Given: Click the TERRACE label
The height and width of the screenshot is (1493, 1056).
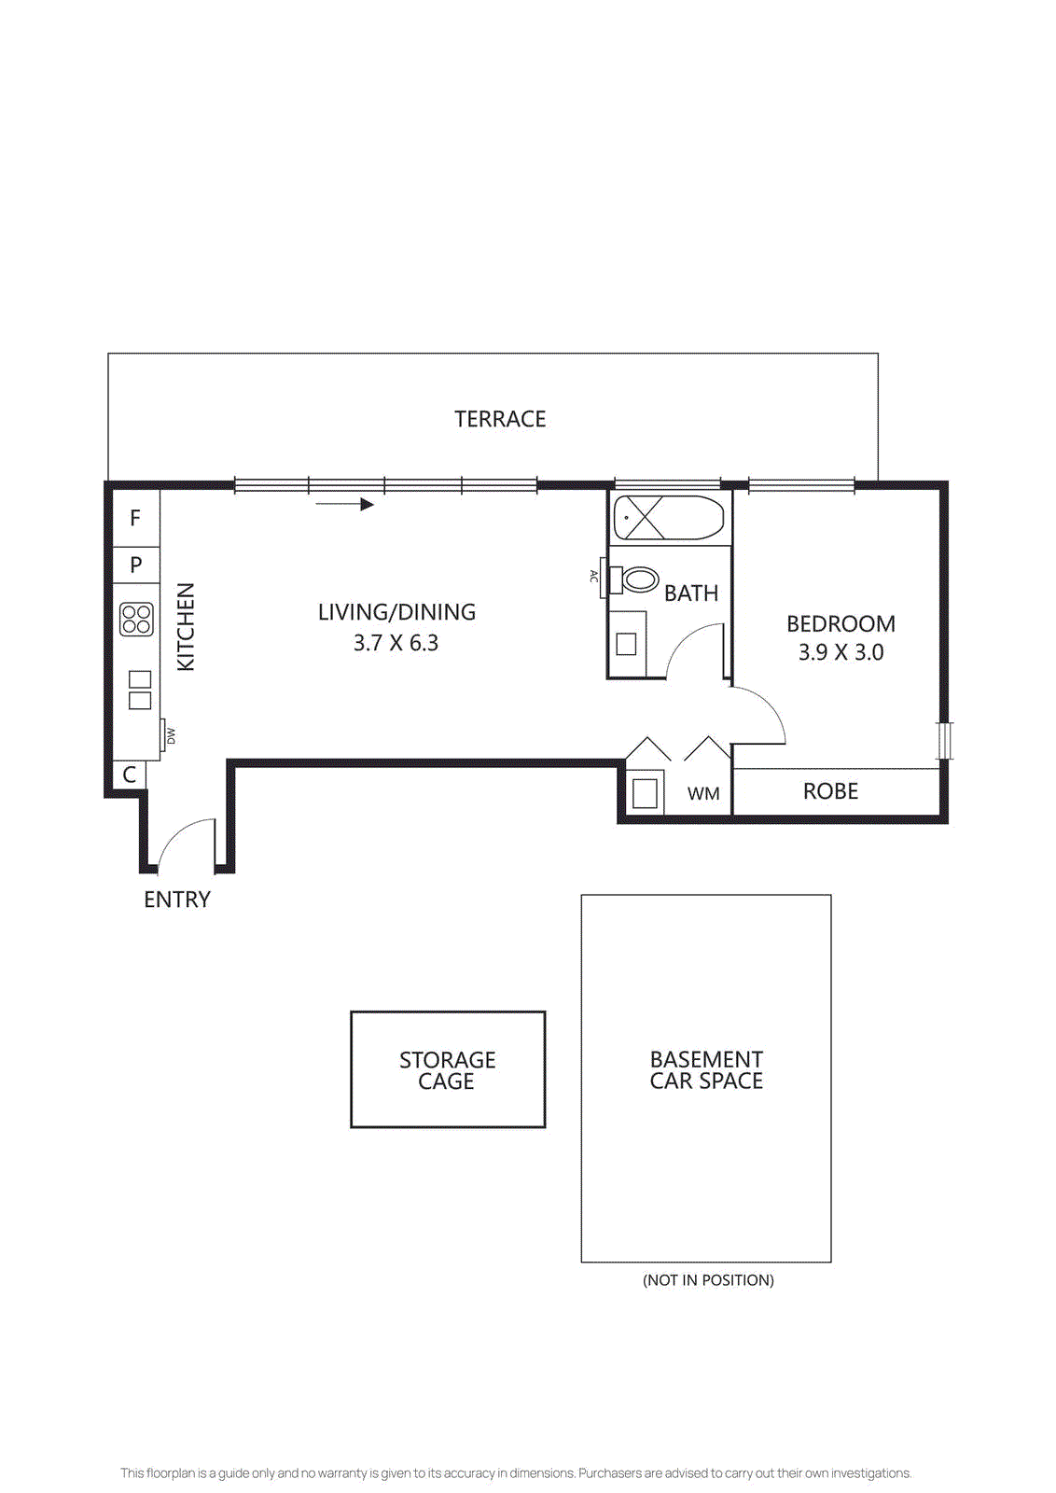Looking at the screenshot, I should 500,419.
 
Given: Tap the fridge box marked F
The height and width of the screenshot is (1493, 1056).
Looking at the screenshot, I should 135,518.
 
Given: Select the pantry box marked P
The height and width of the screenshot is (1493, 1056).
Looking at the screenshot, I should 135,565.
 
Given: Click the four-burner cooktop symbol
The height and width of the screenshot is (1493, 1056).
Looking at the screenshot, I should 136,620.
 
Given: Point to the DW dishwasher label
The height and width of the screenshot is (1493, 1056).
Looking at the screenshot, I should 171,735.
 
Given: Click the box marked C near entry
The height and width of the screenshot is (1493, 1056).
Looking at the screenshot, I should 129,774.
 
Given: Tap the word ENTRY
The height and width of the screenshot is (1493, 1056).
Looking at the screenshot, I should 176,900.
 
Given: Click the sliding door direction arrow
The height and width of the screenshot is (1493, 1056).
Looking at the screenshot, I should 345,505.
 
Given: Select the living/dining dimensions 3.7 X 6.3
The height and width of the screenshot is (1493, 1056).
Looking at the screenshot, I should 396,643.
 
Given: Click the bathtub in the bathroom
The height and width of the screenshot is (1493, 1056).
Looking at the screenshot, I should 668,518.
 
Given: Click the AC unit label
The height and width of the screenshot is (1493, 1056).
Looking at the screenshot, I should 593,577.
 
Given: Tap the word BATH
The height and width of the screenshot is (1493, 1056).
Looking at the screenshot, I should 691,593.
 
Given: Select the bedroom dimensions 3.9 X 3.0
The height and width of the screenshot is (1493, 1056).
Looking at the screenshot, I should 841,652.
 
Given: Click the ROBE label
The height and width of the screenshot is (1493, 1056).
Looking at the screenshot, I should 830,791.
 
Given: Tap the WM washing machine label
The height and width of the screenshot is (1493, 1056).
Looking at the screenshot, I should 703,794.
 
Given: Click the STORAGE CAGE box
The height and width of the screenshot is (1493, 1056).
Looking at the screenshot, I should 448,1069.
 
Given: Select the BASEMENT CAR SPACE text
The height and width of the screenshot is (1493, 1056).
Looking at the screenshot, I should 706,1070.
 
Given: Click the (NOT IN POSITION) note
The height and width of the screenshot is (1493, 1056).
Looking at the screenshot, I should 708,1280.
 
